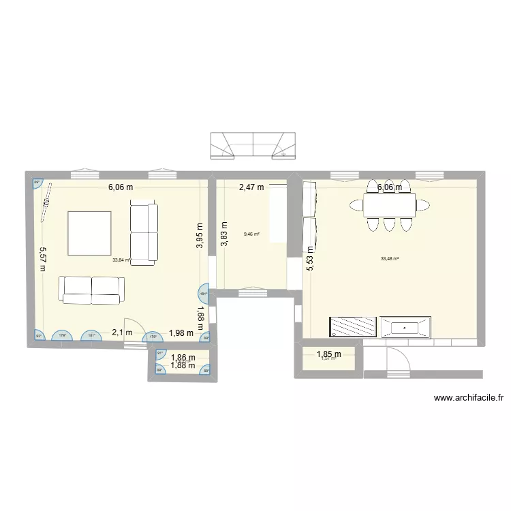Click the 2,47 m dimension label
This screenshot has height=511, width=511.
[251, 187]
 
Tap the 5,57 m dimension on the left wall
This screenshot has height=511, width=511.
[42, 258]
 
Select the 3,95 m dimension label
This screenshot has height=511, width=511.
[200, 236]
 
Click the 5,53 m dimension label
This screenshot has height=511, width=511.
[310, 258]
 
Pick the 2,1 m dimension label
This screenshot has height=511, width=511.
[122, 332]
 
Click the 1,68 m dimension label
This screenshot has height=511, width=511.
[200, 317]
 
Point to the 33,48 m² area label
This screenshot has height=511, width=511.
[390, 258]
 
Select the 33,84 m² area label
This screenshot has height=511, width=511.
[121, 259]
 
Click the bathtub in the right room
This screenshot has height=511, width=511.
[405, 326]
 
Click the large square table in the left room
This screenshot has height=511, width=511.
[89, 234]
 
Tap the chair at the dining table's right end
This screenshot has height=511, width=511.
[424, 204]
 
